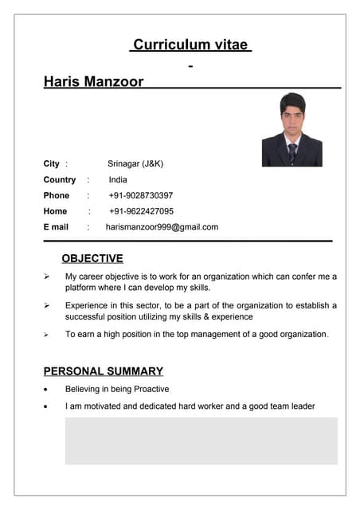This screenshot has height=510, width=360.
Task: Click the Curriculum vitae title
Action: pos(190,45)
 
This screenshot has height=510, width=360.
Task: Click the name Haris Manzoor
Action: pos(93,81)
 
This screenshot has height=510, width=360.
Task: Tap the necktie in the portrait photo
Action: pos(292,151)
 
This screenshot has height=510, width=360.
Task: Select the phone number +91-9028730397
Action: pos(141,195)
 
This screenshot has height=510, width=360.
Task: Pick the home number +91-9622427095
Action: pos(141,211)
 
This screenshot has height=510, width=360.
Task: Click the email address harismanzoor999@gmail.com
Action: pos(162,227)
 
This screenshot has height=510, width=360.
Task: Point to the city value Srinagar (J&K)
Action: pos(135,163)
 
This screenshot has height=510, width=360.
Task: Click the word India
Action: pos(118,179)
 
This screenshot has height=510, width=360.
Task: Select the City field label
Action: pos(51,163)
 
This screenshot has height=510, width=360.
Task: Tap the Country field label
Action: pos(60,179)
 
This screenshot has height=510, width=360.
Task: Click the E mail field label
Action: pos(56,227)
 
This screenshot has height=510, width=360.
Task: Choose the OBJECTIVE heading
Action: pos(92,258)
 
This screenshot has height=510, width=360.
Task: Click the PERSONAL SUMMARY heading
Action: pos(103,371)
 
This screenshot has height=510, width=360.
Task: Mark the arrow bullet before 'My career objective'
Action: pos(47,277)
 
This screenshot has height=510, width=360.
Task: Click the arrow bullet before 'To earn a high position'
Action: pos(47,335)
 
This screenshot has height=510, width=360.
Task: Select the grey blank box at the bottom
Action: pos(201,440)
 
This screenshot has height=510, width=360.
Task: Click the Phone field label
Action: pos(57,195)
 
